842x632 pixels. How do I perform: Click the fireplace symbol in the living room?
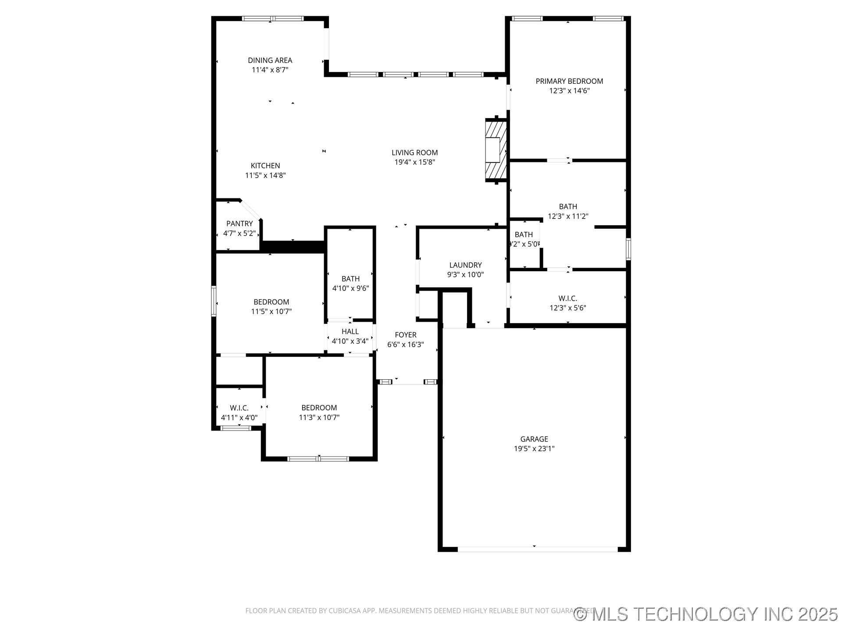tap(496, 150)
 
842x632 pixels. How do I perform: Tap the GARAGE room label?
tap(534, 439)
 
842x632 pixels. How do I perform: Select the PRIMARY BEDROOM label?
tap(569, 81)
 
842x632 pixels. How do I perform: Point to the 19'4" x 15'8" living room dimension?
tap(414, 162)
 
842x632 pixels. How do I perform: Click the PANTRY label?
tap(239, 224)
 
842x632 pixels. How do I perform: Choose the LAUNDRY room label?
tap(465, 265)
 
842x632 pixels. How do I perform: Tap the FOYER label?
tap(405, 335)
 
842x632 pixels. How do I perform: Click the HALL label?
tap(350, 331)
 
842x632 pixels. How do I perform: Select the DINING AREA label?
tap(270, 61)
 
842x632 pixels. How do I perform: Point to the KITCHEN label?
tap(265, 166)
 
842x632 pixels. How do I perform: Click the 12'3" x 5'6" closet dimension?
tap(567, 308)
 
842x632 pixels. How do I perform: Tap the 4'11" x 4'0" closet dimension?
tap(239, 418)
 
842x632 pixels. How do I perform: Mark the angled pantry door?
tap(251, 210)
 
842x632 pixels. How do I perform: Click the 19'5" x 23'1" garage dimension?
tap(534, 449)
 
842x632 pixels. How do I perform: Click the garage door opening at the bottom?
tap(537, 549)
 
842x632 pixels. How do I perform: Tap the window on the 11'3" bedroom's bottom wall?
tap(318, 459)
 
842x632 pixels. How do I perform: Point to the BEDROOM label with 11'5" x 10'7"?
tap(271, 302)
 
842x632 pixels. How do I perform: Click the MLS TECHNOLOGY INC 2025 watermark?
tap(706, 614)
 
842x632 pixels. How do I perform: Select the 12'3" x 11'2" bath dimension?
tap(567, 216)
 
